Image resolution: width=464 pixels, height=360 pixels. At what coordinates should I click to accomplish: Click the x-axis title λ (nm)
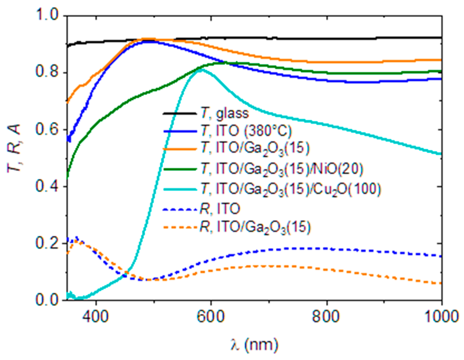[254, 345]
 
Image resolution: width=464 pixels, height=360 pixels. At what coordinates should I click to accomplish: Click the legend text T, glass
[224, 113]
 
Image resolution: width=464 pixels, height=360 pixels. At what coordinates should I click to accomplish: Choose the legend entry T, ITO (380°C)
[246, 131]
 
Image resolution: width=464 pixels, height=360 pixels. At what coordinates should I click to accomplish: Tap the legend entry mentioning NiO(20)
[282, 169]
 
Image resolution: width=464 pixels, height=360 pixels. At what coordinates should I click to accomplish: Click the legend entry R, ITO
[220, 209]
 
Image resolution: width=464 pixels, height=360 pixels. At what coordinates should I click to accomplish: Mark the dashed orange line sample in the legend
[179, 227]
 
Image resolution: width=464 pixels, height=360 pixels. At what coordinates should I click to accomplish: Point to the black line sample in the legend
[179, 113]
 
